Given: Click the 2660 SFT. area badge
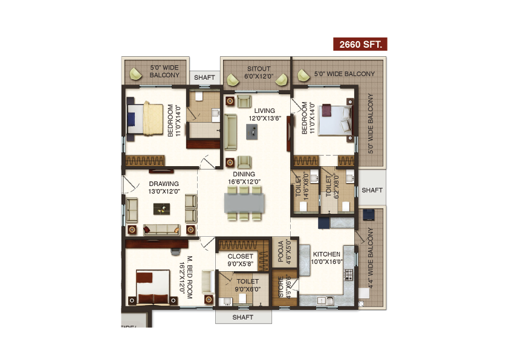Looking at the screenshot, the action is [360, 44].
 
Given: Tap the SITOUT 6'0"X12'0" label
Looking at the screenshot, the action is [259, 72].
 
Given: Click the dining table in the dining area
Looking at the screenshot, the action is [244, 203].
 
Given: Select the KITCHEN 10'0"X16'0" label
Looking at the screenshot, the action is [326, 258].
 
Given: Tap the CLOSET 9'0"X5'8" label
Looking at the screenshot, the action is [240, 260].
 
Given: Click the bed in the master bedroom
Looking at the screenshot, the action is [153, 288].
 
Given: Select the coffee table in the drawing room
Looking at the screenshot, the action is [161, 209].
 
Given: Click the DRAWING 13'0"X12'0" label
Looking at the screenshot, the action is [164, 187].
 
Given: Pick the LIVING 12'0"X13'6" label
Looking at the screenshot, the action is [265, 115].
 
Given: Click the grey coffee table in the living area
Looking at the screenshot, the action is [252, 132].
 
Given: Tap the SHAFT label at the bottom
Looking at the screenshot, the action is [243, 317].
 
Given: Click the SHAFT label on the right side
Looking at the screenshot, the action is [372, 190].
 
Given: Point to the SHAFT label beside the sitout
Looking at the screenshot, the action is [204, 77].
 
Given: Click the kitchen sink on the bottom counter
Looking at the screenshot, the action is [325, 301].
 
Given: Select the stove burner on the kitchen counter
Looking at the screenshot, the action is [349, 274].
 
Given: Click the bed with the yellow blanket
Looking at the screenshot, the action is [145, 119].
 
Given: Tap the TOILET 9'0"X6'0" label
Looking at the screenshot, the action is [248, 285].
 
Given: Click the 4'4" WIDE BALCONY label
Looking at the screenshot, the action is [371, 258].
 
